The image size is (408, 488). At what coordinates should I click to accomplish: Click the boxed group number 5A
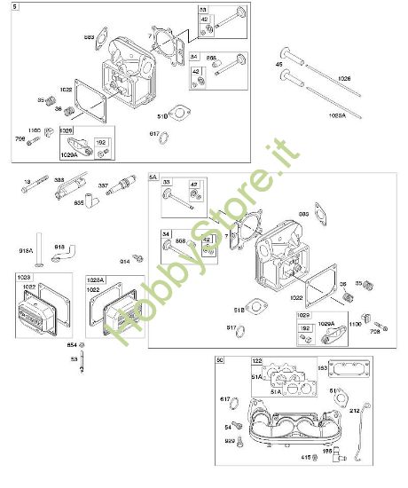[x=153, y=177]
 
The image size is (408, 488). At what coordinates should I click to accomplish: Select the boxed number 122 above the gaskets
[x=258, y=362]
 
